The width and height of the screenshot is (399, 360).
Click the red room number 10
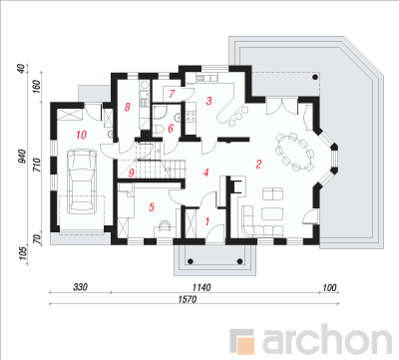click(82, 135)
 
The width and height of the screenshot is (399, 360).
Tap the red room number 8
click(127, 107)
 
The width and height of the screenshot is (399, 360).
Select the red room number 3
click(208, 101)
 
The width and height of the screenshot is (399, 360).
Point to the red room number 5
click(152, 207)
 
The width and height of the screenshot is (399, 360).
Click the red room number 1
click(207, 221)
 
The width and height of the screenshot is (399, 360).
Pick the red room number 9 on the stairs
click(132, 173)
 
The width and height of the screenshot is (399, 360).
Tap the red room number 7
click(172, 94)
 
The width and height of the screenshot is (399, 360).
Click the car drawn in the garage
click(81, 180)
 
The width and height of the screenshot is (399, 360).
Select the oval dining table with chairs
click(294, 152)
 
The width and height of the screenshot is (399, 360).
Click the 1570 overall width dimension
click(188, 299)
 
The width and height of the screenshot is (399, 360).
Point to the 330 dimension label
click(80, 287)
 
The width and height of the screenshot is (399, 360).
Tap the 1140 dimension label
click(201, 287)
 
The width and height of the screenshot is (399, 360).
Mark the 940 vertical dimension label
click(22, 157)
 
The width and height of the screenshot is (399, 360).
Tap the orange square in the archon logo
click(247, 345)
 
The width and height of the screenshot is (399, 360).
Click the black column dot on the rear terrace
click(314, 78)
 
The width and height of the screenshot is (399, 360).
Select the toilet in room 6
click(159, 129)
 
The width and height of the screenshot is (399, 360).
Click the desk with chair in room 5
click(165, 227)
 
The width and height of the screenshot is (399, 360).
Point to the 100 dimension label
click(329, 287)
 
